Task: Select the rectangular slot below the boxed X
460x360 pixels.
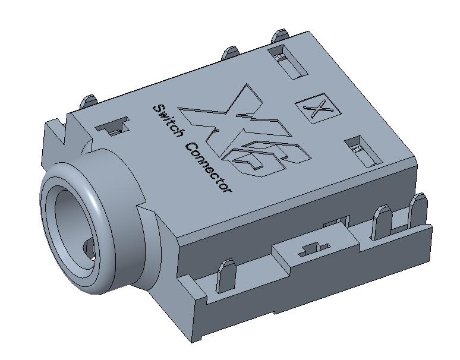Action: pyautogui.click(x=363, y=151)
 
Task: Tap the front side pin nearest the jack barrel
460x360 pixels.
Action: pyautogui.click(x=225, y=275)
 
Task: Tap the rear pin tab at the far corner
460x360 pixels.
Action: pyautogui.click(x=278, y=36)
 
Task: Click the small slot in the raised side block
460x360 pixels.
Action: pyautogui.click(x=313, y=249)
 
